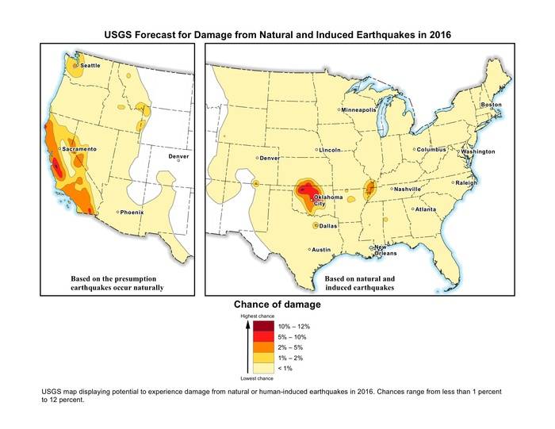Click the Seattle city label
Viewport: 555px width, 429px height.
tap(90, 65)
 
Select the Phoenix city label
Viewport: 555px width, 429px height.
tap(132, 213)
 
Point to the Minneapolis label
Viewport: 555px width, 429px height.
tap(359, 110)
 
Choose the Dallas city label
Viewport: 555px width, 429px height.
tap(328, 226)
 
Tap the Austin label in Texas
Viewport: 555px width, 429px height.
tap(321, 250)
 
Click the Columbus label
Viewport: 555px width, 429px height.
tap(431, 149)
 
